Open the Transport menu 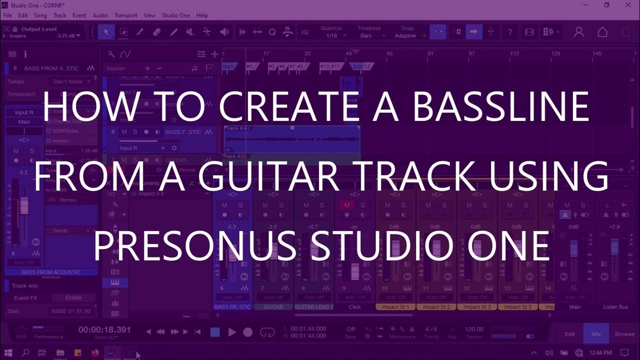pos(125,15)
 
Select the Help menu pos(202,15)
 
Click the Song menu pos(40,15)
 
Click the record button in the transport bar pos(248,332)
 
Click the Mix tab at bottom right pos(596,333)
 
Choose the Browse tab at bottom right pos(624,333)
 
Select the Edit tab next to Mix pos(569,333)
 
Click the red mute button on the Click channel pos(346,205)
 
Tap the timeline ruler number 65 pos(389,53)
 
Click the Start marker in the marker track pos(228,66)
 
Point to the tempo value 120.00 pos(474,329)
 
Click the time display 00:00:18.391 pos(104,330)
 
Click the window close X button pos(628,5)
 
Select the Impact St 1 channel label pos(395,307)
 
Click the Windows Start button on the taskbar pos(8,353)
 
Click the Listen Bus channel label pos(615,307)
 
